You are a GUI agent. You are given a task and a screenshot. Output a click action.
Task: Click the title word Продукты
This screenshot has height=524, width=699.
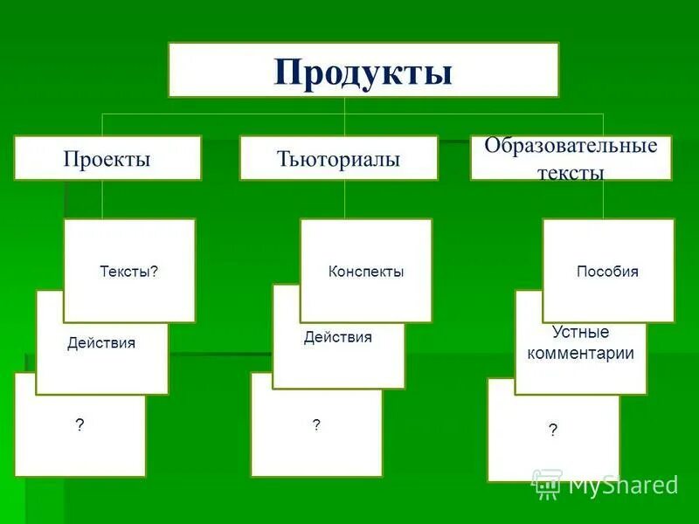pyautogui.click(x=363, y=72)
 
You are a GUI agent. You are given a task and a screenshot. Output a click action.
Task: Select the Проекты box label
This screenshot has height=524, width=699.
pyautogui.click(x=107, y=159)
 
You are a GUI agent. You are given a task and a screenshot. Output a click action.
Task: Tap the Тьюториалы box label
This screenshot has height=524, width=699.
pyautogui.click(x=339, y=159)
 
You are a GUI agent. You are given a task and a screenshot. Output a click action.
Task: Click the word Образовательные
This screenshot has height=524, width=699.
pyautogui.click(x=571, y=146)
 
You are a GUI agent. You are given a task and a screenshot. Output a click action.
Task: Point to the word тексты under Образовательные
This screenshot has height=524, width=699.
pyautogui.click(x=571, y=173)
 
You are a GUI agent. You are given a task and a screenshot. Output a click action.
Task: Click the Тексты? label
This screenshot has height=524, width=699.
pyautogui.click(x=129, y=272)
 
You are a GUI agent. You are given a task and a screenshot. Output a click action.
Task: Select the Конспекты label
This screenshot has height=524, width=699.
pyautogui.click(x=366, y=272)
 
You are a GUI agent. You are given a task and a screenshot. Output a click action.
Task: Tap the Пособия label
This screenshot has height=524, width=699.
pyautogui.click(x=607, y=272)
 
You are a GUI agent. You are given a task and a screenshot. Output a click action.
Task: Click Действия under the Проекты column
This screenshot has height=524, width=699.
pyautogui.click(x=101, y=343)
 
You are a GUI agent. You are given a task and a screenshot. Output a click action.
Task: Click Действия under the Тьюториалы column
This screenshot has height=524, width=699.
pyautogui.click(x=338, y=337)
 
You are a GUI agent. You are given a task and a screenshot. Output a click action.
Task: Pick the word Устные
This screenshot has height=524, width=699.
pyautogui.click(x=581, y=333)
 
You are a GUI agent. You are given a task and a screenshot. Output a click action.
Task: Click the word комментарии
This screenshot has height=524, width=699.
pyautogui.click(x=581, y=354)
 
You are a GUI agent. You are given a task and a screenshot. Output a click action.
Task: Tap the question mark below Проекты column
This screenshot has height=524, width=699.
pyautogui.click(x=80, y=425)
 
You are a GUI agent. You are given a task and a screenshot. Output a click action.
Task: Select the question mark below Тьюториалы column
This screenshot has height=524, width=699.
pyautogui.click(x=316, y=424)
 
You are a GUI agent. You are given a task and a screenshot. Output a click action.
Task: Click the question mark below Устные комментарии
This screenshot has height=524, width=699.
pyautogui.click(x=553, y=430)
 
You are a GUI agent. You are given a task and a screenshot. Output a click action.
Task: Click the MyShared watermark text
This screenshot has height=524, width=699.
pyautogui.click(x=623, y=485)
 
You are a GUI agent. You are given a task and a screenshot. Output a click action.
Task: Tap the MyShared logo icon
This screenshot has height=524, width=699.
pyautogui.click(x=547, y=483)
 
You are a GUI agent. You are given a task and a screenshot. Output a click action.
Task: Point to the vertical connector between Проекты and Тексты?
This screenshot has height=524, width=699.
pyautogui.click(x=102, y=199)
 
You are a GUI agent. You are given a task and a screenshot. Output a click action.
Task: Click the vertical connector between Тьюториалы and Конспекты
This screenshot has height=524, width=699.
pyautogui.click(x=345, y=199)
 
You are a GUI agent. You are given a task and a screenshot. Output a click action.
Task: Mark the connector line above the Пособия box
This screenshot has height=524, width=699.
pyautogui.click(x=604, y=199)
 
